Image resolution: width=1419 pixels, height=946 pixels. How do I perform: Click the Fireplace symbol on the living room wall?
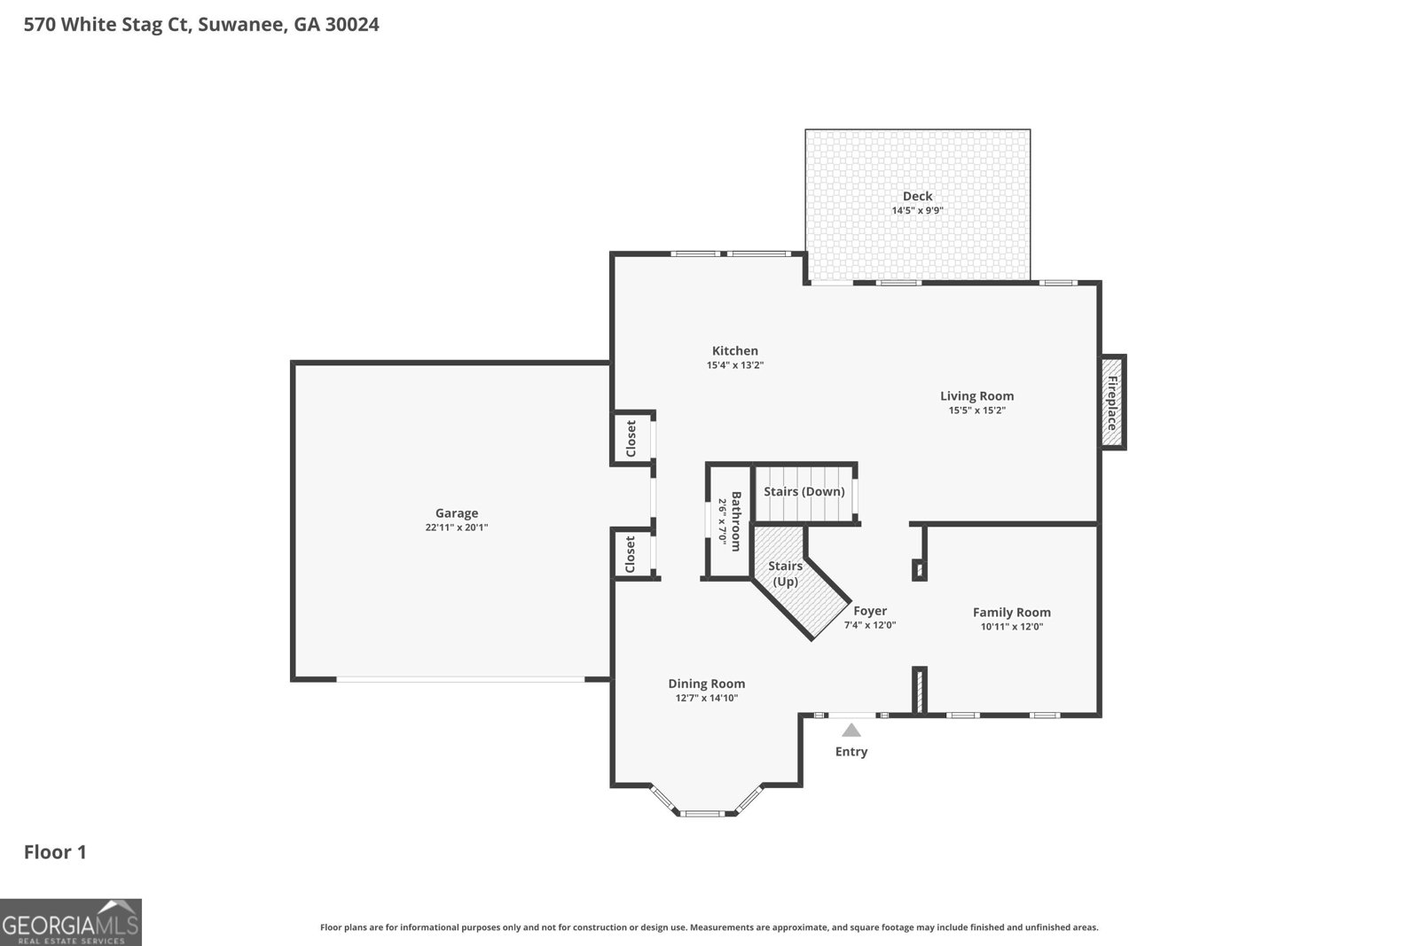click(x=1111, y=403)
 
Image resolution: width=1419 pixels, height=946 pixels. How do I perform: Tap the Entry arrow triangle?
click(x=851, y=731)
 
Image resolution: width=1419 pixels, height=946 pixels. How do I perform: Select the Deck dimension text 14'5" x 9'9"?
click(x=917, y=211)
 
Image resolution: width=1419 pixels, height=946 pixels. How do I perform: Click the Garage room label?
click(x=457, y=512)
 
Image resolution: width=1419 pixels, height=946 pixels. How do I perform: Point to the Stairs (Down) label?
click(x=804, y=491)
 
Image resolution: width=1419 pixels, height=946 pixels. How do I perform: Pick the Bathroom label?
click(x=735, y=521)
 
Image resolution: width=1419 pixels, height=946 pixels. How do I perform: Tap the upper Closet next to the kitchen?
click(x=631, y=438)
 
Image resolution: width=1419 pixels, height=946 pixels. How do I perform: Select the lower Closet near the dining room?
click(x=631, y=554)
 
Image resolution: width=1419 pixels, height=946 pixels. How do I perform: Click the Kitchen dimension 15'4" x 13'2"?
click(x=735, y=365)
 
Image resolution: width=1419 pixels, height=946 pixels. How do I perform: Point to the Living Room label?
click(x=976, y=395)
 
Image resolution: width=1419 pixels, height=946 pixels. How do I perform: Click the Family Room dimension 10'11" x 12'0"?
click(x=1012, y=627)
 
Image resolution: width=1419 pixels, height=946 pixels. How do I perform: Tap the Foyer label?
click(x=870, y=610)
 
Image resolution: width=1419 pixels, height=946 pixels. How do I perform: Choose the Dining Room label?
click(x=706, y=683)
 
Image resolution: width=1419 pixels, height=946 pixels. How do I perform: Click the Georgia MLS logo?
click(x=71, y=922)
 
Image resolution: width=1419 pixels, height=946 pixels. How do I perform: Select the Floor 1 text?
click(x=55, y=852)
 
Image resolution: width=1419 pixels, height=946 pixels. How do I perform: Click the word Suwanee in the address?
click(x=241, y=25)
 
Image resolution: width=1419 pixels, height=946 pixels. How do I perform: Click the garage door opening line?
click(x=460, y=680)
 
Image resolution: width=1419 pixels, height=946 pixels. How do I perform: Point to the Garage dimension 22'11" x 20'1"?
click(x=457, y=528)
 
